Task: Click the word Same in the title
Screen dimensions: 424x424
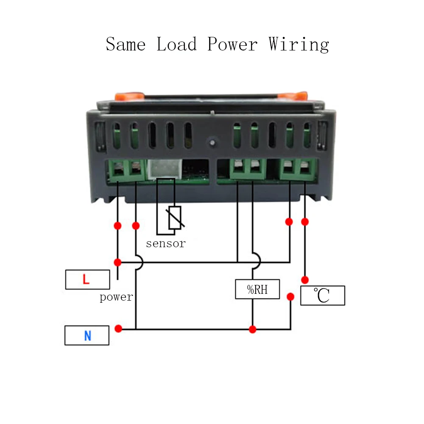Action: point(126,44)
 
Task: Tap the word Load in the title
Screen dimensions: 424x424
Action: point(177,44)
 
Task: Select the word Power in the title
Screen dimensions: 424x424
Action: point(232,44)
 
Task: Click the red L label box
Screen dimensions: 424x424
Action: point(87,280)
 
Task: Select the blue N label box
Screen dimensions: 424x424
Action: point(87,335)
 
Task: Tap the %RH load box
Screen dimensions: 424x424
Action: point(257,289)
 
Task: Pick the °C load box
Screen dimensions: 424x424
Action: point(322,296)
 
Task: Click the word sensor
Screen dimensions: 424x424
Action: point(166,244)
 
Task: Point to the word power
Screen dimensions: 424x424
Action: point(116,297)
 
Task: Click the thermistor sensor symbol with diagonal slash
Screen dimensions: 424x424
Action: point(175,218)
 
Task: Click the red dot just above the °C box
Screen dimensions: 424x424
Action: point(305,280)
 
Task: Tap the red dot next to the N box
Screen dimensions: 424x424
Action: point(119,329)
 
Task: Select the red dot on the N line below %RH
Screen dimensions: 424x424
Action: point(253,329)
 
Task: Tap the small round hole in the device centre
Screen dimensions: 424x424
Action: point(211,142)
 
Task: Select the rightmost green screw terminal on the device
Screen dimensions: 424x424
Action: point(305,170)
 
